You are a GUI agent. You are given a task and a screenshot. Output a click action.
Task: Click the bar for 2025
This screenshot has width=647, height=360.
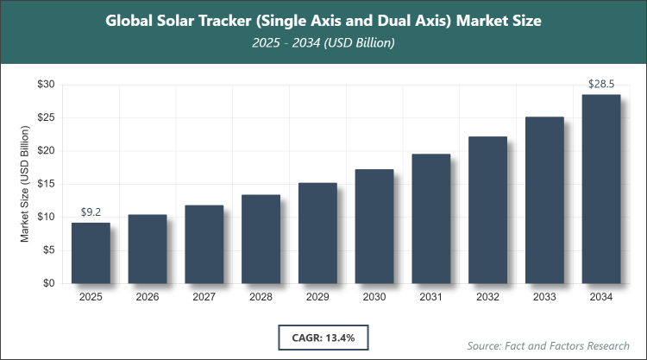click(91, 253)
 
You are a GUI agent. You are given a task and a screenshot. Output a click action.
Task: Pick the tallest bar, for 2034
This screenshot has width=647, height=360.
click(601, 189)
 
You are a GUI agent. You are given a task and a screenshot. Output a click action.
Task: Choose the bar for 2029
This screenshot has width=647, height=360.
click(317, 233)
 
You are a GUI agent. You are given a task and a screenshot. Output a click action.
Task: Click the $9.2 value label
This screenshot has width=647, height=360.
click(91, 212)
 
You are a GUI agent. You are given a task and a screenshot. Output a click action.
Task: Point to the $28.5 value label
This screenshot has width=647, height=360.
click(601, 83)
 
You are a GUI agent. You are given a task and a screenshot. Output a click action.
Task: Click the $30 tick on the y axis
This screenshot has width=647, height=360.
click(46, 85)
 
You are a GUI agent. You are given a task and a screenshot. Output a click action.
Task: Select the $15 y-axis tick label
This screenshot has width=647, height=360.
click(46, 184)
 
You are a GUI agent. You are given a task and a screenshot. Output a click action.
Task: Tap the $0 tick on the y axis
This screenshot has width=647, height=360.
click(49, 283)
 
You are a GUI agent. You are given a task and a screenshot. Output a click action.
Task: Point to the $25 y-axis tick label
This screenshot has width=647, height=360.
click(46, 117)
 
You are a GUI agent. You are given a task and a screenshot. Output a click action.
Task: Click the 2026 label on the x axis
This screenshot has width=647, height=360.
click(148, 297)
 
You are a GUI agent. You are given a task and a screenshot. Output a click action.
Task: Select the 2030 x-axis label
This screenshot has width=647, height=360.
click(374, 297)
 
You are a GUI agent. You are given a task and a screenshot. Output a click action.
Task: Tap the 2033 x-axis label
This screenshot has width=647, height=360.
click(544, 297)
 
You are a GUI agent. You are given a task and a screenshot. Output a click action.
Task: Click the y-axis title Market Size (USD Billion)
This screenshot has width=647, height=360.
click(26, 183)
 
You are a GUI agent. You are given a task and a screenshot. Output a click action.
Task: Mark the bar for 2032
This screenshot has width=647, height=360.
click(487, 210)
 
